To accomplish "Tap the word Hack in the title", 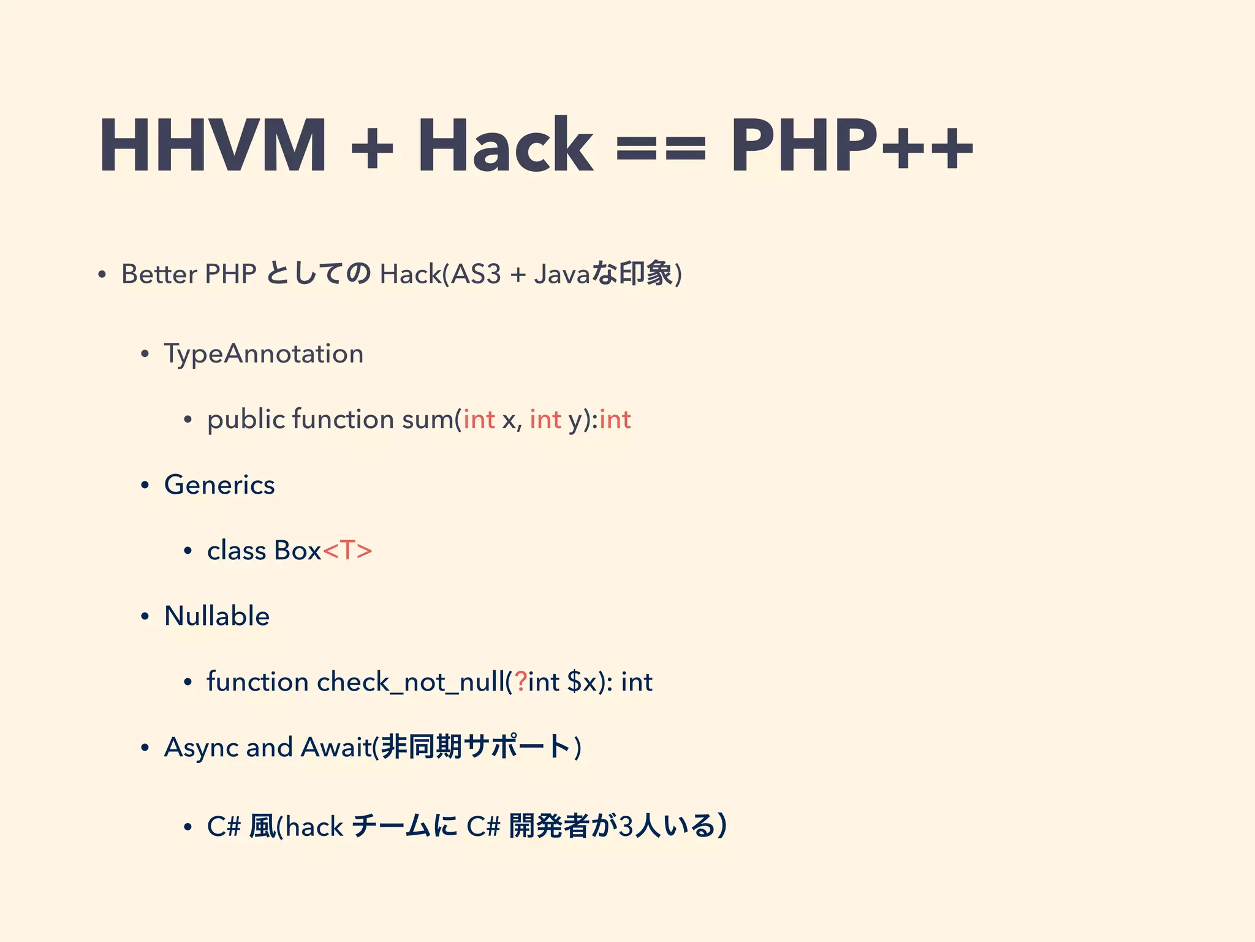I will [505, 145].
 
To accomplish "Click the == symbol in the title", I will [661, 149].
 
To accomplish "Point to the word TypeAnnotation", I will [264, 354].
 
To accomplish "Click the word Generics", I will [219, 485].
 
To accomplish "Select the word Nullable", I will [217, 616].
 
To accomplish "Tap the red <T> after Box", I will [347, 551].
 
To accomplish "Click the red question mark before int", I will [520, 681].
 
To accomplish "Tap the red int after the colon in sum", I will [615, 419].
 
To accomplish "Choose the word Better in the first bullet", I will [159, 274].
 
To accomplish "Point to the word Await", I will [336, 747].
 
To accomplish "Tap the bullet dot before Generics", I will [145, 486].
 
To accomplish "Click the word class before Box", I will [237, 551].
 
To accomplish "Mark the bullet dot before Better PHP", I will [102, 275].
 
